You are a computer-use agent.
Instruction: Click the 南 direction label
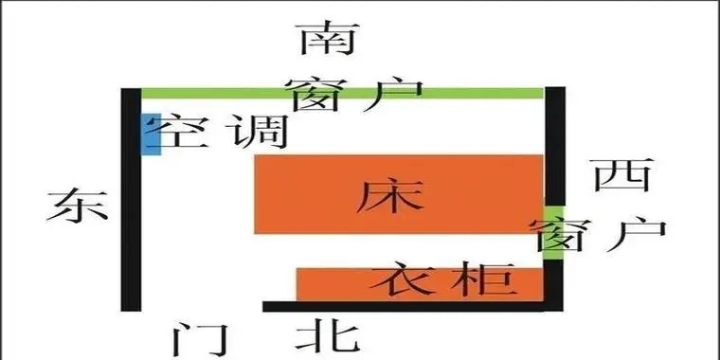[x=323, y=39]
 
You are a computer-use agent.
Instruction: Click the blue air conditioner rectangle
[x=148, y=134]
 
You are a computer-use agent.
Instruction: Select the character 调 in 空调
[x=257, y=134]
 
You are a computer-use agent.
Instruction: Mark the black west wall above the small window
[x=555, y=142]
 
